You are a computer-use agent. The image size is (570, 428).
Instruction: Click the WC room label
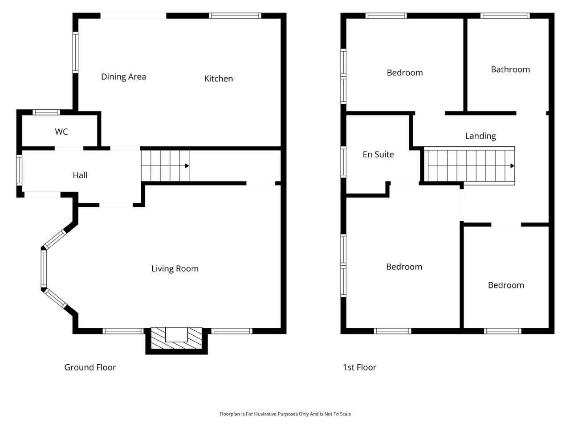pos(61,132)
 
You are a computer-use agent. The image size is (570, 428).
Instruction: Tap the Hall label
pos(80,175)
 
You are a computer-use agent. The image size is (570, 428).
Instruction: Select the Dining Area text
pos(123,77)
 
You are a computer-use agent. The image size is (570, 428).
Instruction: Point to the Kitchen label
pos(218,78)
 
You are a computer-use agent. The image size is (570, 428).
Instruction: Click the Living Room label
pos(175,268)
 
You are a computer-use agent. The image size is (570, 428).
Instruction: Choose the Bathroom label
pos(510,70)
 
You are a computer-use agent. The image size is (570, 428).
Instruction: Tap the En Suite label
pos(378,154)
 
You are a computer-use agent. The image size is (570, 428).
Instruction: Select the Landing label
pos(480,136)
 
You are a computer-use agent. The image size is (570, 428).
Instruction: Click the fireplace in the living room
pos(177,338)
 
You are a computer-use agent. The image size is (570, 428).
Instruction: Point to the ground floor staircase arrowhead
pos(187,166)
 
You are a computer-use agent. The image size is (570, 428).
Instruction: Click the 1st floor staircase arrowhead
pos(512,166)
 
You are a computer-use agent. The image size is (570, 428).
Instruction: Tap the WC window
pos(46,112)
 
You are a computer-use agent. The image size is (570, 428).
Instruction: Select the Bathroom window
pos(505,16)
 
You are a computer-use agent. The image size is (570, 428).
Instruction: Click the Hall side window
pos(19,170)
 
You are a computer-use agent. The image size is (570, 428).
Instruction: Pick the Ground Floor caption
pos(90,367)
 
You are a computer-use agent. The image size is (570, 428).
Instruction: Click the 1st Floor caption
pos(359,367)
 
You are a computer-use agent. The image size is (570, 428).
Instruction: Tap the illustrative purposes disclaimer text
pos(285,414)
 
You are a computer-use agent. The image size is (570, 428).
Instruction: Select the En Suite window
pos(343,162)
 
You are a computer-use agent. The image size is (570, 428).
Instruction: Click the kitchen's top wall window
pos(235,16)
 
